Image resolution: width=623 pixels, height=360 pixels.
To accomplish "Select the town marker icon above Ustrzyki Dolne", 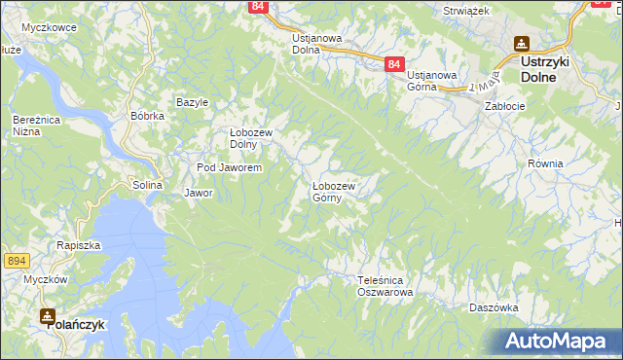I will coord(522,44).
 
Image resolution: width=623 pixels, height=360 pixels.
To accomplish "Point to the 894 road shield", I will coord(16,261).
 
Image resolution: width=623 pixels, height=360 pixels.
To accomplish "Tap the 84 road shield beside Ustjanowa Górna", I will coord(392,63).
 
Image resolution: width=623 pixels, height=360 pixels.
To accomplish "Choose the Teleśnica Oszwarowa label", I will coord(385,286).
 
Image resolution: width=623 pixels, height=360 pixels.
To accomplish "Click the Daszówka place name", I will coord(492,306).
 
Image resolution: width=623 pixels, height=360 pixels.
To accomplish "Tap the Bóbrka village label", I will coord(147,116).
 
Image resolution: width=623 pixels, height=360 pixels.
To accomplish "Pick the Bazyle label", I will coord(193,102).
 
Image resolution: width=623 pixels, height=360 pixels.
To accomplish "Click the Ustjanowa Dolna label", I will coord(317,44).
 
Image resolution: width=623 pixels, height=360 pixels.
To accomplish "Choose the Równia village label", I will coord(545,163).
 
